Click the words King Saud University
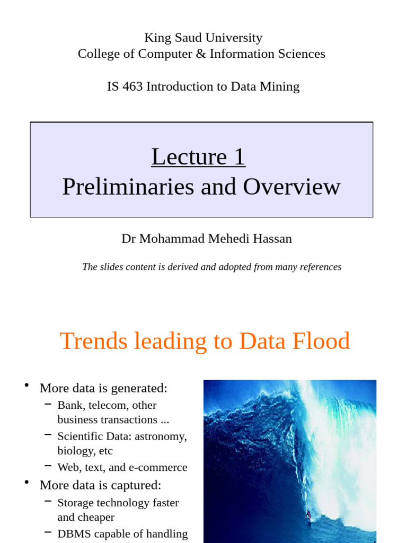(203, 38)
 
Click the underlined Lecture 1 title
(198, 157)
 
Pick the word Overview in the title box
(291, 187)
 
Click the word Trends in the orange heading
(93, 341)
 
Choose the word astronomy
(163, 436)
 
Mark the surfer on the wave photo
(308, 514)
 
